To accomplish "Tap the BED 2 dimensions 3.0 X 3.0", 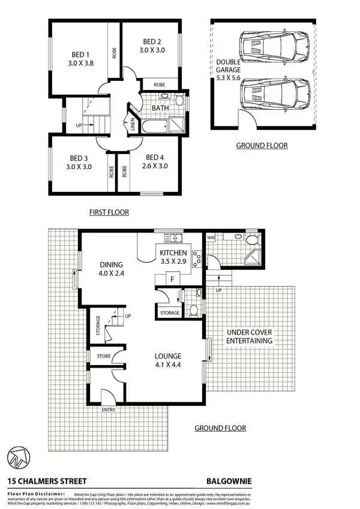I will (x=152, y=50).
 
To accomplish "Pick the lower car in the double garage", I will (x=273, y=95).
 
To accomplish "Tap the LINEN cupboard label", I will (x=133, y=125).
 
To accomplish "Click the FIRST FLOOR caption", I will (x=109, y=212).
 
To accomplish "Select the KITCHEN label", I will (x=173, y=254).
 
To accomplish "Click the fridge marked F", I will (x=173, y=279).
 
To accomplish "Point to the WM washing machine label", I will (x=211, y=239).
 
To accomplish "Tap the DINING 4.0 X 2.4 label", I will (x=112, y=269).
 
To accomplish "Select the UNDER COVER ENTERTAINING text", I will (x=249, y=336).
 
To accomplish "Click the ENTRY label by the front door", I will (x=109, y=409).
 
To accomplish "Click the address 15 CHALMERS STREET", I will (x=47, y=481).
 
